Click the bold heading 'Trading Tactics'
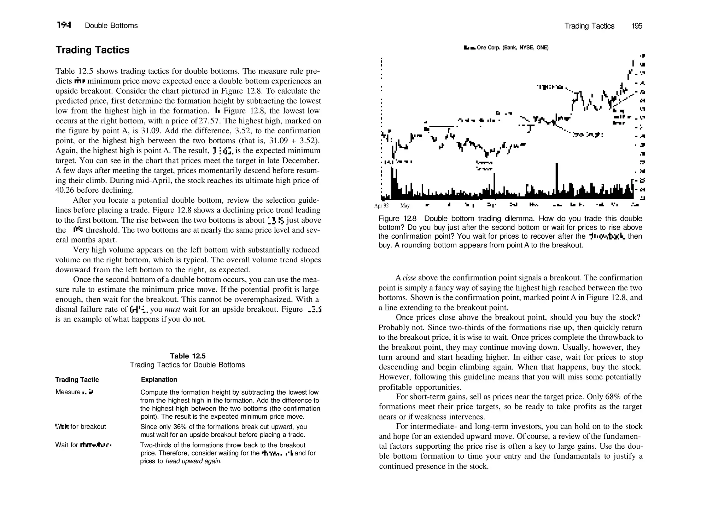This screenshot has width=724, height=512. coord(92,50)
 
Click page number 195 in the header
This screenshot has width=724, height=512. coord(636,26)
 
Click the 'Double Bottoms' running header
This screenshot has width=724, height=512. coord(111,25)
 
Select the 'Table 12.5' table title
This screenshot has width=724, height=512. coord(187,356)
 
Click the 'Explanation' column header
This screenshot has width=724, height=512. coord(159,379)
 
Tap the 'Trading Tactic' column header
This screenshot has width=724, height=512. coord(77,379)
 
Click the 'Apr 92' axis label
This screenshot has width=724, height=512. coord(381,206)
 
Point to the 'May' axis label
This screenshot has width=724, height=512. coord(405,206)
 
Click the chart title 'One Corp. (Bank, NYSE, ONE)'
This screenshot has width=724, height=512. coord(512,48)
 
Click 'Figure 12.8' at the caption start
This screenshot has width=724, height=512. coord(397,219)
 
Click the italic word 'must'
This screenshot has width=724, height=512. coord(173,309)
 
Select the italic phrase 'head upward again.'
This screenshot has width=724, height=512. coord(194,461)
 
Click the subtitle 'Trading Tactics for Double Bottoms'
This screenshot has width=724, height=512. coord(187,365)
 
